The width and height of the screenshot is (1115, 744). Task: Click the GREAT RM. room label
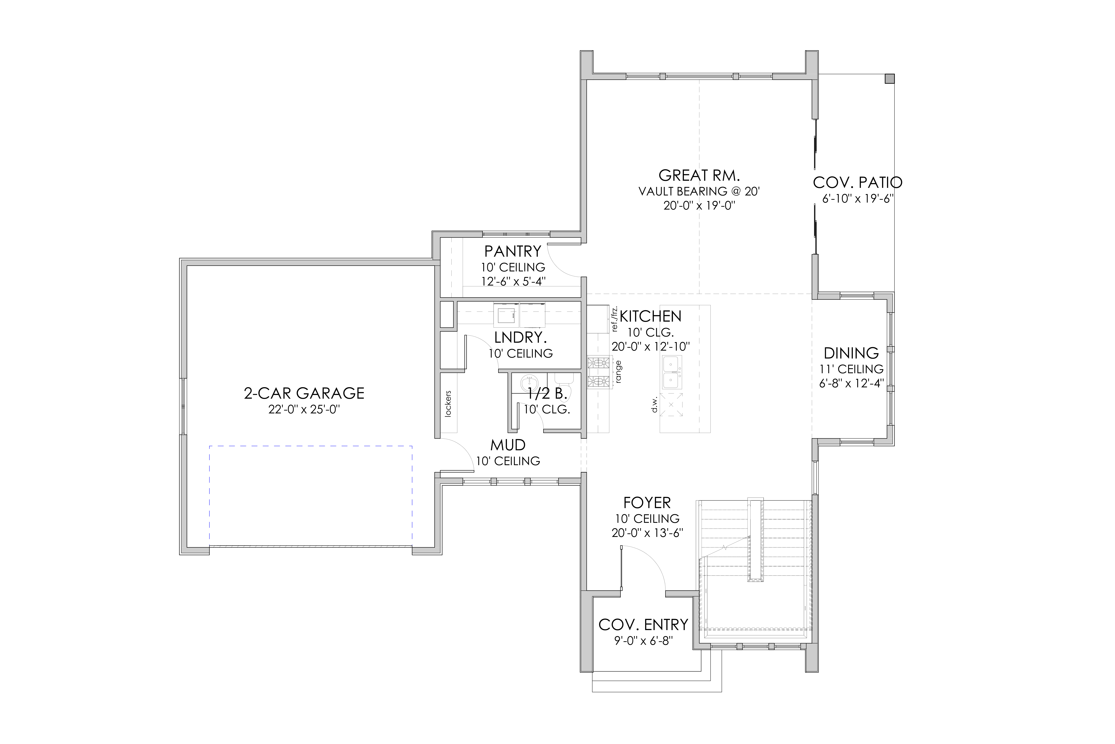699,176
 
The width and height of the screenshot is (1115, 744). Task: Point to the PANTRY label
512,251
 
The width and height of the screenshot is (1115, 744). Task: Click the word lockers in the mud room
448,404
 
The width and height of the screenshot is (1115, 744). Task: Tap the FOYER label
647,503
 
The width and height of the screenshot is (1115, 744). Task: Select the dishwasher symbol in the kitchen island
671,404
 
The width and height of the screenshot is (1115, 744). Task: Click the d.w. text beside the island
655,404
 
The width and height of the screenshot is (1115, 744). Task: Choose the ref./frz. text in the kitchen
615,318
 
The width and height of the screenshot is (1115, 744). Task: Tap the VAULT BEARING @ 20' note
699,191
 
